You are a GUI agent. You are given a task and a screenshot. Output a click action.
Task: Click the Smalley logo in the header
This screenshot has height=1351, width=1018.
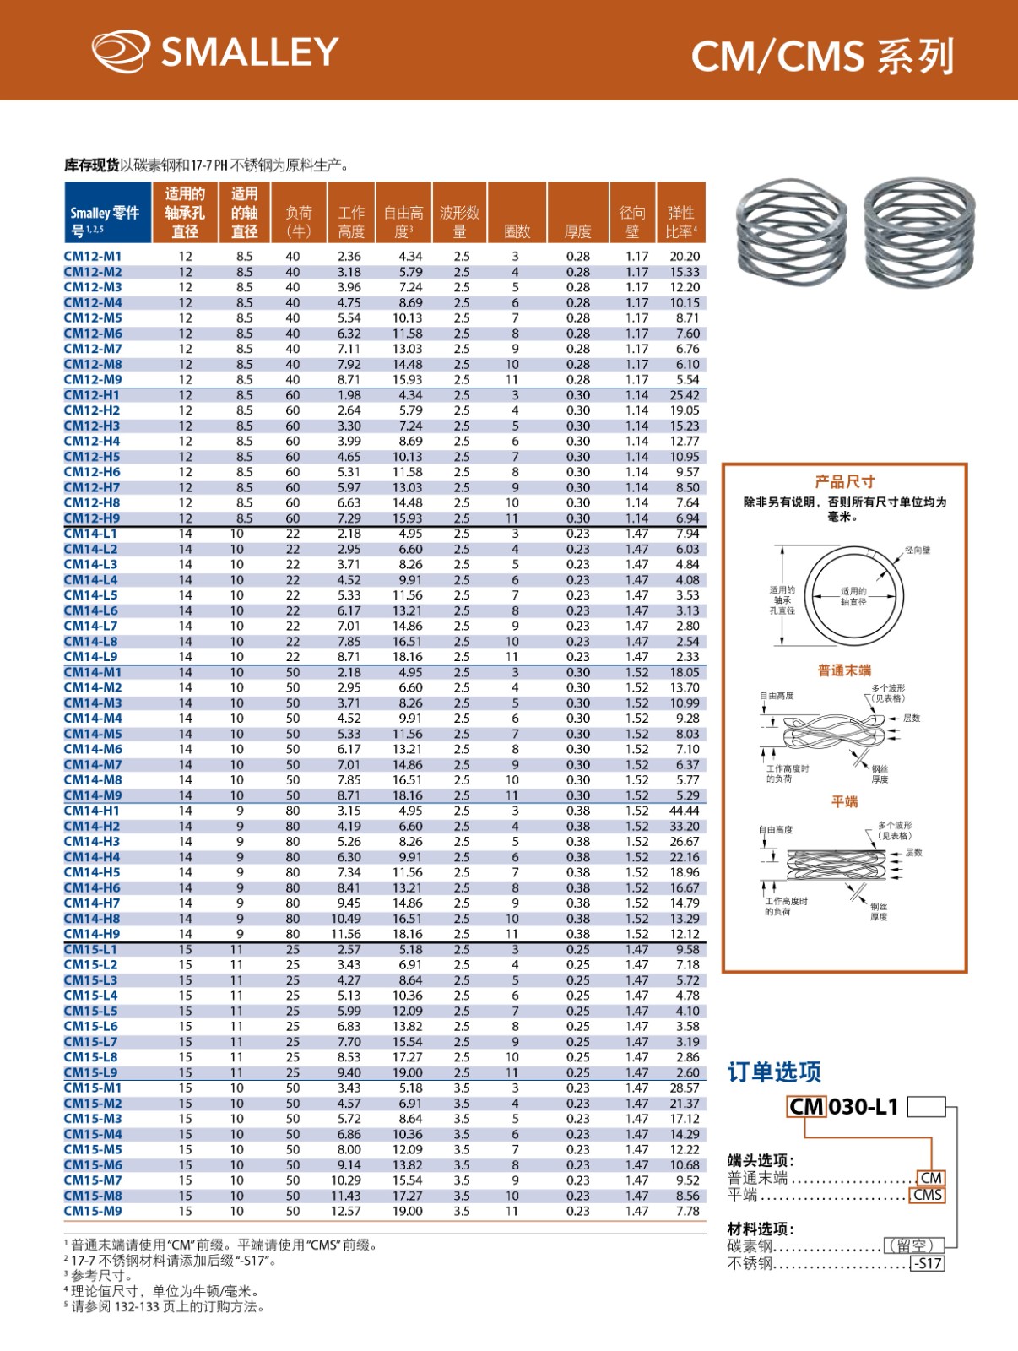click(215, 52)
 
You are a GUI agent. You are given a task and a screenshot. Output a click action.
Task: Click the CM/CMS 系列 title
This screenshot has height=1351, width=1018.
click(822, 57)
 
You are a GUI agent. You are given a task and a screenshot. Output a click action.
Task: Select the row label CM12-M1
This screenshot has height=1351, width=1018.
click(93, 256)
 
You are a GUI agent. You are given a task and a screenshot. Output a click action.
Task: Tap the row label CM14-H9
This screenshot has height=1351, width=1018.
click(92, 934)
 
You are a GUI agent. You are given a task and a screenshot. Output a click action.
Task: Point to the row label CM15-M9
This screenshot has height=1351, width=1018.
click(93, 1211)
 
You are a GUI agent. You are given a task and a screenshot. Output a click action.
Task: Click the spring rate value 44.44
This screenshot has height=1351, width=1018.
click(684, 811)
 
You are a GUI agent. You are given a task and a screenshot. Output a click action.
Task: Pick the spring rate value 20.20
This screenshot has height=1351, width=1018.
click(684, 256)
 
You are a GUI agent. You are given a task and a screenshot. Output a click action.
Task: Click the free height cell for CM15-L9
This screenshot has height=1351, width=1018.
click(407, 1072)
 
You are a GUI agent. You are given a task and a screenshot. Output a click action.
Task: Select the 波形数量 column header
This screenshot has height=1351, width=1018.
click(459, 221)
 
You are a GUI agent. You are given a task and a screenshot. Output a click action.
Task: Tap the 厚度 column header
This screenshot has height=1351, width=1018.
click(577, 231)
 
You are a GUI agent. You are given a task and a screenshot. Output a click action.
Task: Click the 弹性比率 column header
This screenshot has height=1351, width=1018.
click(680, 221)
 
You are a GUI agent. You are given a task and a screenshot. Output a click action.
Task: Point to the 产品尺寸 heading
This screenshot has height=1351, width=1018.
click(844, 481)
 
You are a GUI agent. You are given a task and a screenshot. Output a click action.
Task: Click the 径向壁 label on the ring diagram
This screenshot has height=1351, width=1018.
click(917, 550)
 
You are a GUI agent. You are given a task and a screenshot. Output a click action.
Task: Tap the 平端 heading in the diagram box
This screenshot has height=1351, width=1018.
click(844, 801)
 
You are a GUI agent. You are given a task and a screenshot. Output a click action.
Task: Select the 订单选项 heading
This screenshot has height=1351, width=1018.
click(774, 1072)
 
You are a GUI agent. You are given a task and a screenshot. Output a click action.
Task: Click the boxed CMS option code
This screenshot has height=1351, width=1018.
click(927, 1195)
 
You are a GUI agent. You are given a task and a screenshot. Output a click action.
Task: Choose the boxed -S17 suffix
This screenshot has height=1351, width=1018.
click(927, 1264)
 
